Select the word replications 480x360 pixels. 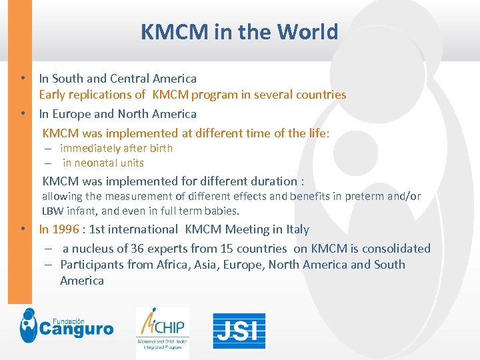[x=106, y=95]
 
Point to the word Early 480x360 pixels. [x=53, y=95]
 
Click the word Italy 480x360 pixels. [x=297, y=229]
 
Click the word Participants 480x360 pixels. [x=91, y=265]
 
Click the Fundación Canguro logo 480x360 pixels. [x=66, y=326]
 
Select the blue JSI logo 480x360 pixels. [x=239, y=331]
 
